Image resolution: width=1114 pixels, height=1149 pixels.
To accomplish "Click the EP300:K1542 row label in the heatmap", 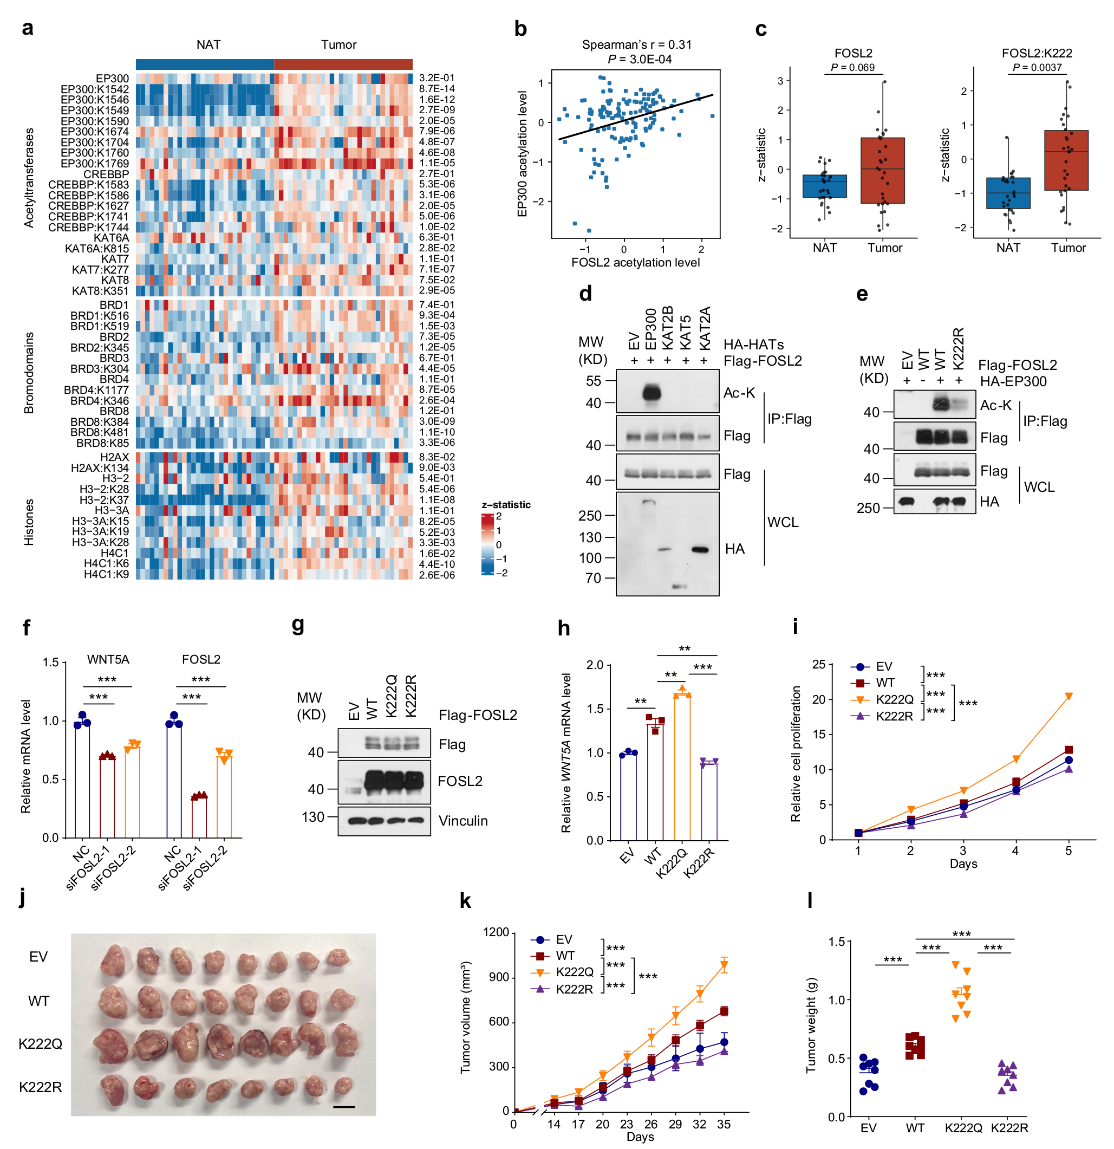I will pos(94,89).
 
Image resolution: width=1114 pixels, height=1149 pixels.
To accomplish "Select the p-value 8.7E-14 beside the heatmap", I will pos(437,89).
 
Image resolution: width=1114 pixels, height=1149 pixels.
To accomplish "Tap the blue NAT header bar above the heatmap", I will pos(205,64).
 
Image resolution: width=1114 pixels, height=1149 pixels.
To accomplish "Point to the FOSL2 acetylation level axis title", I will pos(635,263).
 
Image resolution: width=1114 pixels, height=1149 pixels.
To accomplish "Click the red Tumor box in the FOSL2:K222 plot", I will pos(1065,160).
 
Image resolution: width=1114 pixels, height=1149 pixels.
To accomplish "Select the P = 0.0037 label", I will pos(1037,67).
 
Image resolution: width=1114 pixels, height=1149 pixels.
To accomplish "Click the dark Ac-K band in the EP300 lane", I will pos(651,392).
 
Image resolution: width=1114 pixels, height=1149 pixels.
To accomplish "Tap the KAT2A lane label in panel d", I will pos(705,328).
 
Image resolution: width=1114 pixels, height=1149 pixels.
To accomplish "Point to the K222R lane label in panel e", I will pos(958,349).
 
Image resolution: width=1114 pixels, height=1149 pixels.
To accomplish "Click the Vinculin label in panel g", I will pos(463,821).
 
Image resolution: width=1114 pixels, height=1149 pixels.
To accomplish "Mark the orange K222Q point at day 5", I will pos(1069,697).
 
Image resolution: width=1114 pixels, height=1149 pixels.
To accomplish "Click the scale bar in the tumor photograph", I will pos(344,1107).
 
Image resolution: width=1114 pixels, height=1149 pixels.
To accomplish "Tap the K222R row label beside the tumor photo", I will pos(41,1087).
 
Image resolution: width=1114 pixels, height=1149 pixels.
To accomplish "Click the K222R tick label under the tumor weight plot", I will pos(1009,1128).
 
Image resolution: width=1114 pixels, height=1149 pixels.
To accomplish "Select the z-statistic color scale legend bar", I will pos(487,544).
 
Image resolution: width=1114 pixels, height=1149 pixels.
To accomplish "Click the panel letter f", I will pos(27,628).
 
